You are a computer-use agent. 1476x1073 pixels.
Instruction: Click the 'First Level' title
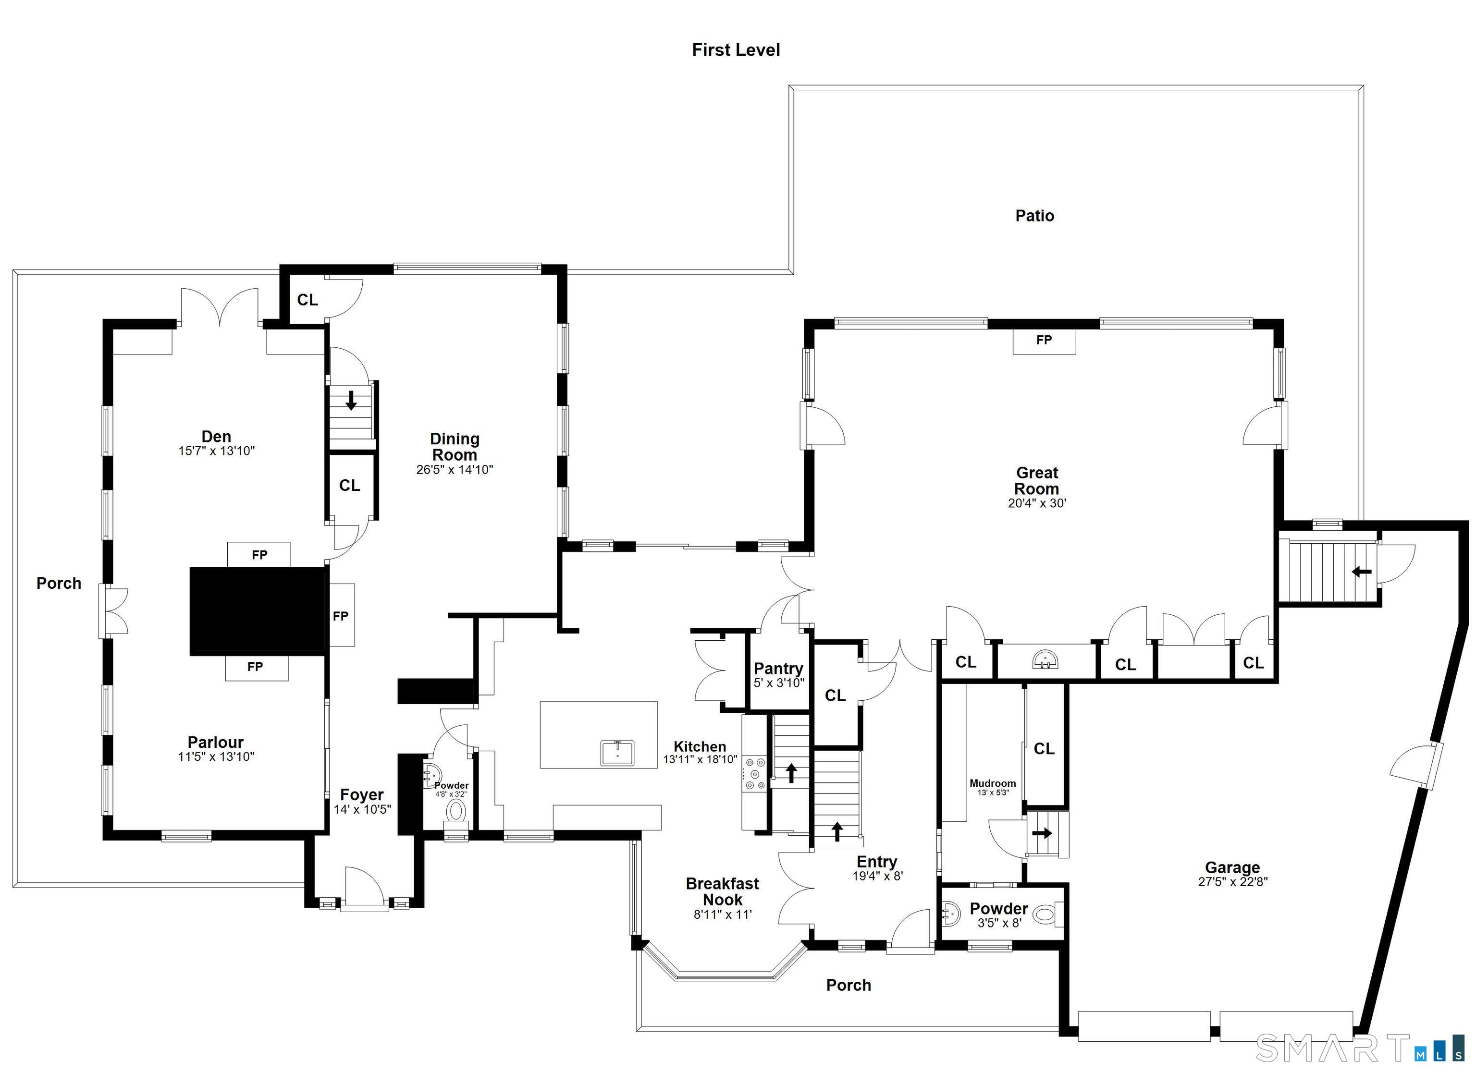pos(736,50)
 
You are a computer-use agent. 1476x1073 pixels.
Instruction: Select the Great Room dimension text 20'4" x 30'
pos(1037,503)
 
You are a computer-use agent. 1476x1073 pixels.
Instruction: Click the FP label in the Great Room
pos(1044,340)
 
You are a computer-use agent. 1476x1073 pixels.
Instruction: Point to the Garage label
pos(1232,867)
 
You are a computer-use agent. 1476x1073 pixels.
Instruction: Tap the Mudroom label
pos(993,783)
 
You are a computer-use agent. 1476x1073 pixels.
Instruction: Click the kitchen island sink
pos(617,752)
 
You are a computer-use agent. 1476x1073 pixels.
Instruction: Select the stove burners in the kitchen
pos(755,773)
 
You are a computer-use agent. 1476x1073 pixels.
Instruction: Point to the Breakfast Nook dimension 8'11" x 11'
pos(722,914)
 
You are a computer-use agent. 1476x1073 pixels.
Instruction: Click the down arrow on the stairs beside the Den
pos(351,400)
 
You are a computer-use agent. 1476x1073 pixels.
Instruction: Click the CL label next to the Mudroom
pos(1044,749)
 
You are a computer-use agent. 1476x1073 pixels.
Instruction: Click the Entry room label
pos(877,862)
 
